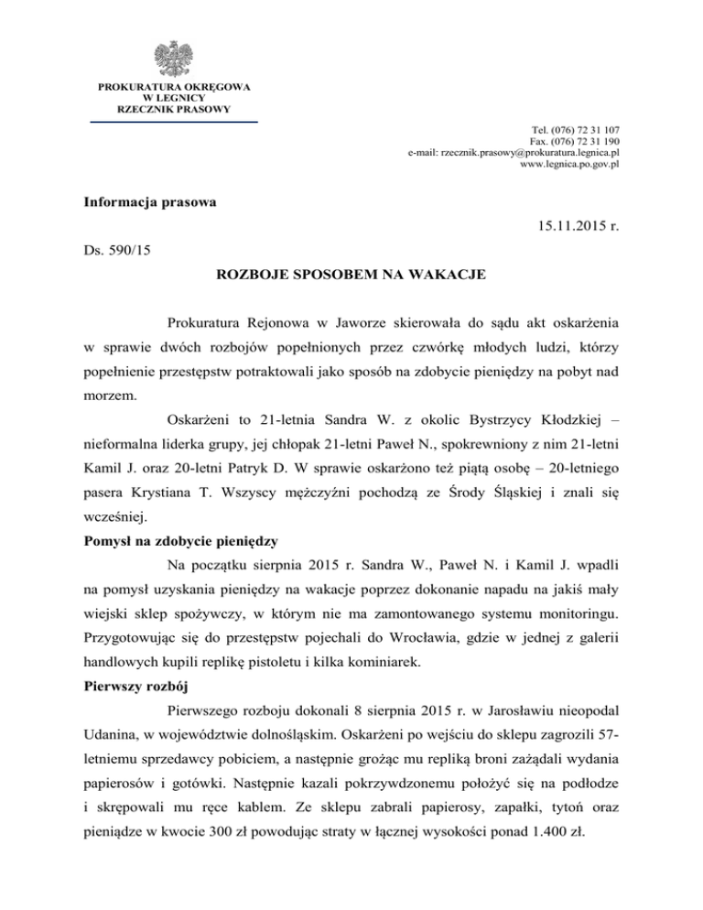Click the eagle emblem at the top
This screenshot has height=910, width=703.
[174, 58]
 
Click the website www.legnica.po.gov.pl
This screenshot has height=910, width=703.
[570, 165]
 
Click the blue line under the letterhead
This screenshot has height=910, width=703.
[173, 121]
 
